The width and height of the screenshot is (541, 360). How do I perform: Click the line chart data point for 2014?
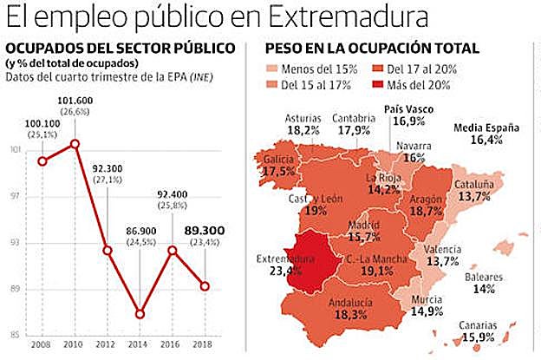click(140, 313)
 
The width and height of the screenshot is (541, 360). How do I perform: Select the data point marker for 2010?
click(75, 143)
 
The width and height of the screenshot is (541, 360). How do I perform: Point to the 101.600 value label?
click(75, 101)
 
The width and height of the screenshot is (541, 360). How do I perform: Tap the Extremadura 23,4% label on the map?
click(282, 264)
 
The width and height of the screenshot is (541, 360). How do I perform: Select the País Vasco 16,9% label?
click(408, 116)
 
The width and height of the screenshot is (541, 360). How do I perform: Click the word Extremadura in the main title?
click(355, 16)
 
